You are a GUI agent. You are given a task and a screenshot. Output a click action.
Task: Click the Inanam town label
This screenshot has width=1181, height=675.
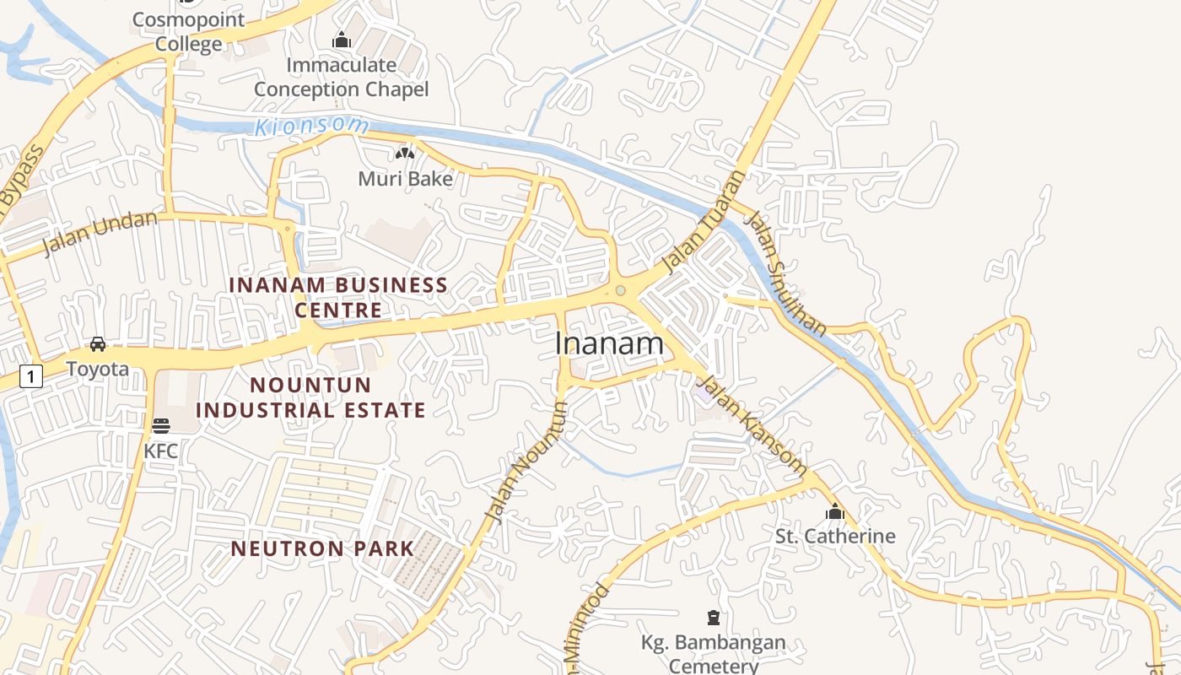point(609,343)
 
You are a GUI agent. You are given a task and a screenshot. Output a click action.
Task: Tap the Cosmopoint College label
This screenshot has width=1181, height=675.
point(189,32)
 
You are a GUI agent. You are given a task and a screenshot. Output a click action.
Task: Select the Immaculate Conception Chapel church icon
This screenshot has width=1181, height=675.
point(342,40)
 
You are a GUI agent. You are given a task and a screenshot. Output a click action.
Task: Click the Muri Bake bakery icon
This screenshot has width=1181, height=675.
point(405,154)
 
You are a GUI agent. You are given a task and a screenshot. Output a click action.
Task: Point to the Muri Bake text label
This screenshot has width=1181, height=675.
point(405,179)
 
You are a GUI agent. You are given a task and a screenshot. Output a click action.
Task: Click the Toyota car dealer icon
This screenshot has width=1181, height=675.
point(98,344)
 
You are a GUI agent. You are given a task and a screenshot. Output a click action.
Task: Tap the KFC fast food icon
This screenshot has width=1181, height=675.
point(161,425)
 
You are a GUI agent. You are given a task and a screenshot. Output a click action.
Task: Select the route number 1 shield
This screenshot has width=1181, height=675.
point(30,376)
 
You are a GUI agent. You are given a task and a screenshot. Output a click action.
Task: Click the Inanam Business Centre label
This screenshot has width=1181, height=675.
point(338,297)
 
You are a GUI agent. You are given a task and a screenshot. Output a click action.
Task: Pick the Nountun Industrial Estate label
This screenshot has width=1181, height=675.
point(311,397)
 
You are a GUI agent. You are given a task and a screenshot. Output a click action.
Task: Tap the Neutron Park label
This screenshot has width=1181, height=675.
point(323,548)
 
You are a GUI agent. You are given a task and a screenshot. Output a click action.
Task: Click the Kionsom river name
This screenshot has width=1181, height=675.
point(312,127)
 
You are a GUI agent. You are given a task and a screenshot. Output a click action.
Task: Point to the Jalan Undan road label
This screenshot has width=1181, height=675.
point(100,233)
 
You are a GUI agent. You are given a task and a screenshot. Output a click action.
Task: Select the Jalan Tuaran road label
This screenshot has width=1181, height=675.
point(705,221)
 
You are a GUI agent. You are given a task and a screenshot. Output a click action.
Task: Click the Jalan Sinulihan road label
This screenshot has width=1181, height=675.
point(785,273)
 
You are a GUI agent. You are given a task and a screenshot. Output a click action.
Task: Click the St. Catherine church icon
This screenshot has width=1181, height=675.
point(835,511)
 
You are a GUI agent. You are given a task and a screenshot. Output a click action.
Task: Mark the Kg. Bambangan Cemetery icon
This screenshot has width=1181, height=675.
point(714,618)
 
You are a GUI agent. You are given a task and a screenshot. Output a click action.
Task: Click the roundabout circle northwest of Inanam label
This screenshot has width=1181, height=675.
point(621,291)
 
